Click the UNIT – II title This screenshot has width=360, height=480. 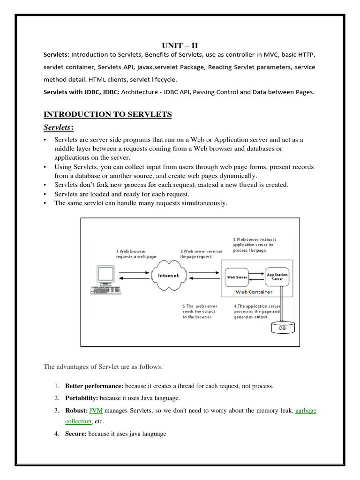click(180, 45)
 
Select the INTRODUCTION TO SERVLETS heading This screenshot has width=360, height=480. click(107, 114)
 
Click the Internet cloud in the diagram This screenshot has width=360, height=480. click(168, 276)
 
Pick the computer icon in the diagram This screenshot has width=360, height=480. click(104, 280)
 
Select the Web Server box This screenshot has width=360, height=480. click(237, 277)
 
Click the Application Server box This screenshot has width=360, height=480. click(277, 277)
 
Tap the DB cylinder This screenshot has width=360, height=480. click(283, 327)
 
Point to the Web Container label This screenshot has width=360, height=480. click(253, 292)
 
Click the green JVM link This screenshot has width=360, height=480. click(96, 411)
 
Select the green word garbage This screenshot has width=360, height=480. click(306, 411)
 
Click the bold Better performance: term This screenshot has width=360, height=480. click(94, 386)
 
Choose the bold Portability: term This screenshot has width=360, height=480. click(82, 398)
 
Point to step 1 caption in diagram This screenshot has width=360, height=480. click(136, 254)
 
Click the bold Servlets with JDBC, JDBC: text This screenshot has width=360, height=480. click(82, 92)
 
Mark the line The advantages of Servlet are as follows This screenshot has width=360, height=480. click(103, 367)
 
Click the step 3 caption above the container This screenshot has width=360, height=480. click(254, 244)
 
